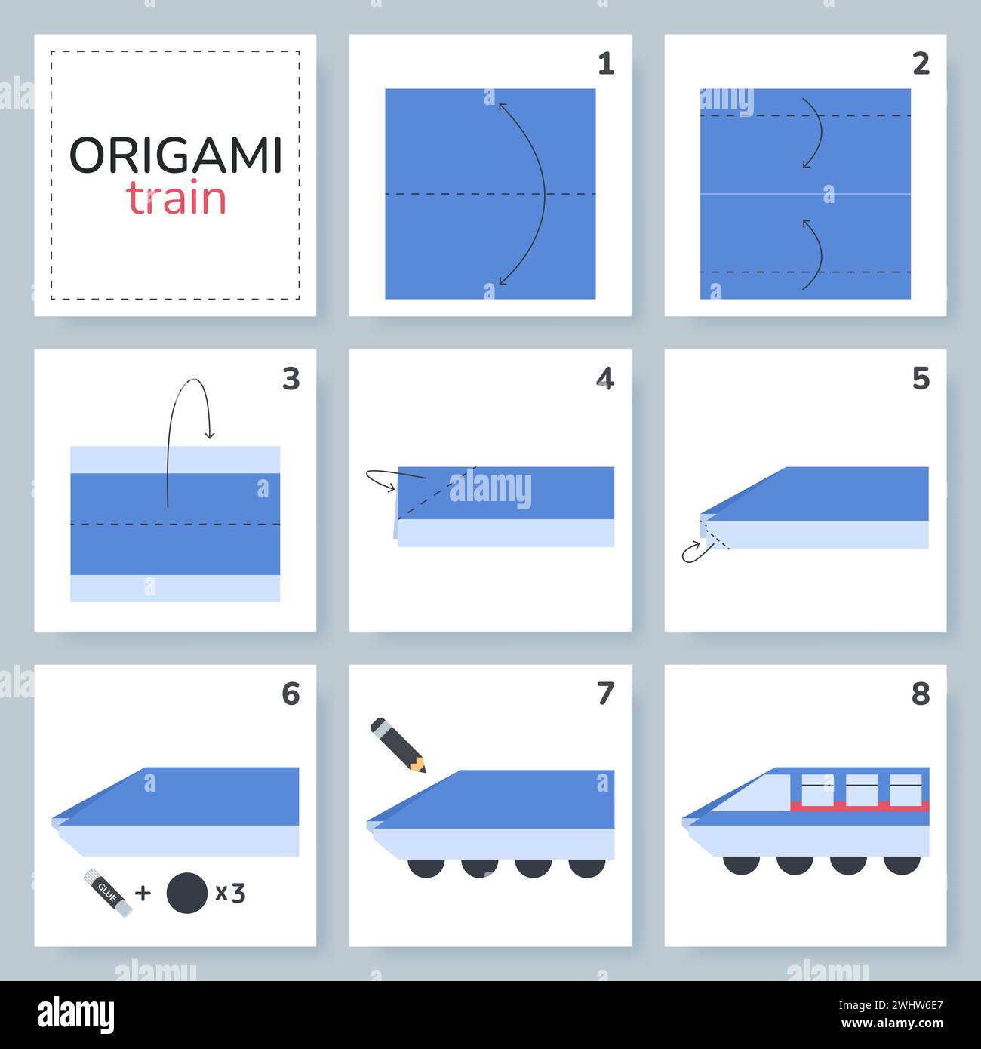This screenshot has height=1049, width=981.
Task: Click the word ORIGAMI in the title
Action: point(175,155)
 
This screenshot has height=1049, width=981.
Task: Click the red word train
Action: point(176,198)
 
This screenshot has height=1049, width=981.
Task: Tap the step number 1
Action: point(605,64)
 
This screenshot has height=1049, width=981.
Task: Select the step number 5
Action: point(920,379)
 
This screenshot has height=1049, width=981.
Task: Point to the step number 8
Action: point(920,694)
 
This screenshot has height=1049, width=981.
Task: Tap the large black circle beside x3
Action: point(186,893)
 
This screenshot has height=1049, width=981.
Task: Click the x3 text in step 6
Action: point(230,893)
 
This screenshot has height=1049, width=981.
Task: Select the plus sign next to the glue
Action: point(143,894)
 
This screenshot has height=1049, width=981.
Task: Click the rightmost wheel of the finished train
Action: point(901,864)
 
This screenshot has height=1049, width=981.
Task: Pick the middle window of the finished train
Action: point(862,789)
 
